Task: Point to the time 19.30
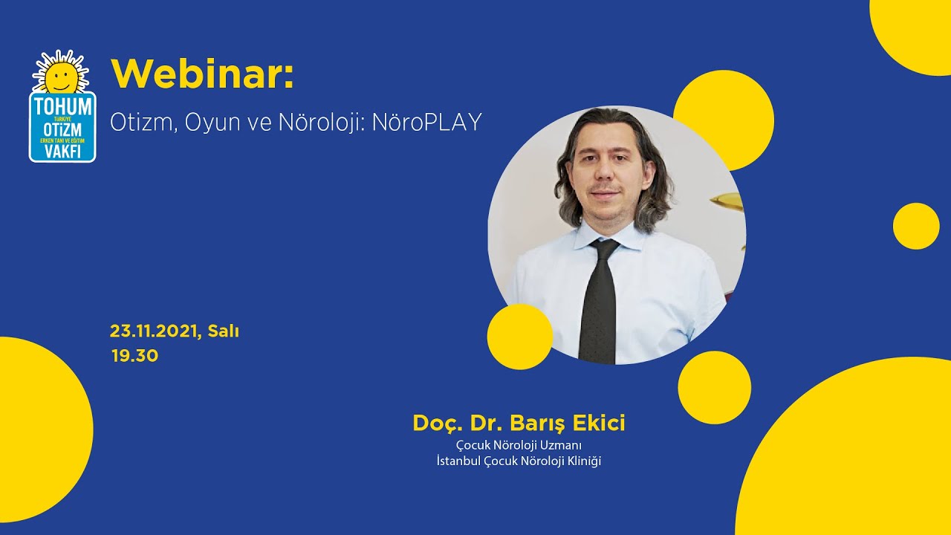(x=134, y=356)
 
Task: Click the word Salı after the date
(x=223, y=331)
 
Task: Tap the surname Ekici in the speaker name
(x=598, y=424)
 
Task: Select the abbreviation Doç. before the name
(x=438, y=424)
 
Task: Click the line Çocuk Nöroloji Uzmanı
(x=519, y=445)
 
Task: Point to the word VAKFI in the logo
(x=62, y=151)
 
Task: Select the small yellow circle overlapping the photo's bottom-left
(x=519, y=337)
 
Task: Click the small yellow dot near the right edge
(x=915, y=226)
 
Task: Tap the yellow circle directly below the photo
(x=714, y=388)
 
